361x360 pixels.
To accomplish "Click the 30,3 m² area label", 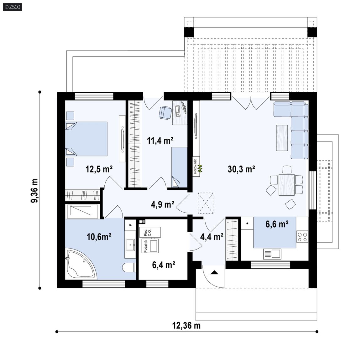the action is click(x=241, y=169).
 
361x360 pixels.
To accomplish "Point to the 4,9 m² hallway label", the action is click(x=163, y=204).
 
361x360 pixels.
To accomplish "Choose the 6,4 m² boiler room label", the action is click(x=164, y=265).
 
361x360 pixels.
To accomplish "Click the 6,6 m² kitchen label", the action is click(x=277, y=224).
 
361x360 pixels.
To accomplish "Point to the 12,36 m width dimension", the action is click(x=186, y=326).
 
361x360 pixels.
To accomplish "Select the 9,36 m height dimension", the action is click(x=34, y=191).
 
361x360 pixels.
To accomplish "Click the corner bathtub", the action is click(x=81, y=264).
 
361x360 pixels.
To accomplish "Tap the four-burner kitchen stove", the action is click(x=302, y=237).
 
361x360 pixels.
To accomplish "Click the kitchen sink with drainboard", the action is click(x=272, y=254).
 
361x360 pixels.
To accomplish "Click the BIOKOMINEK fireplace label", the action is click(x=196, y=166).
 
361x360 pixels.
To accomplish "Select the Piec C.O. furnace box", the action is click(x=150, y=232).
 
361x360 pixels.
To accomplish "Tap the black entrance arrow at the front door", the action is click(x=214, y=273).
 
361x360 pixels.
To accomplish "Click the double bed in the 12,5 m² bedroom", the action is click(x=86, y=139).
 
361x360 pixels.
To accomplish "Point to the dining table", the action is click(x=286, y=185).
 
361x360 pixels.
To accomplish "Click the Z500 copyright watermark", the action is click(x=13, y=7).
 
